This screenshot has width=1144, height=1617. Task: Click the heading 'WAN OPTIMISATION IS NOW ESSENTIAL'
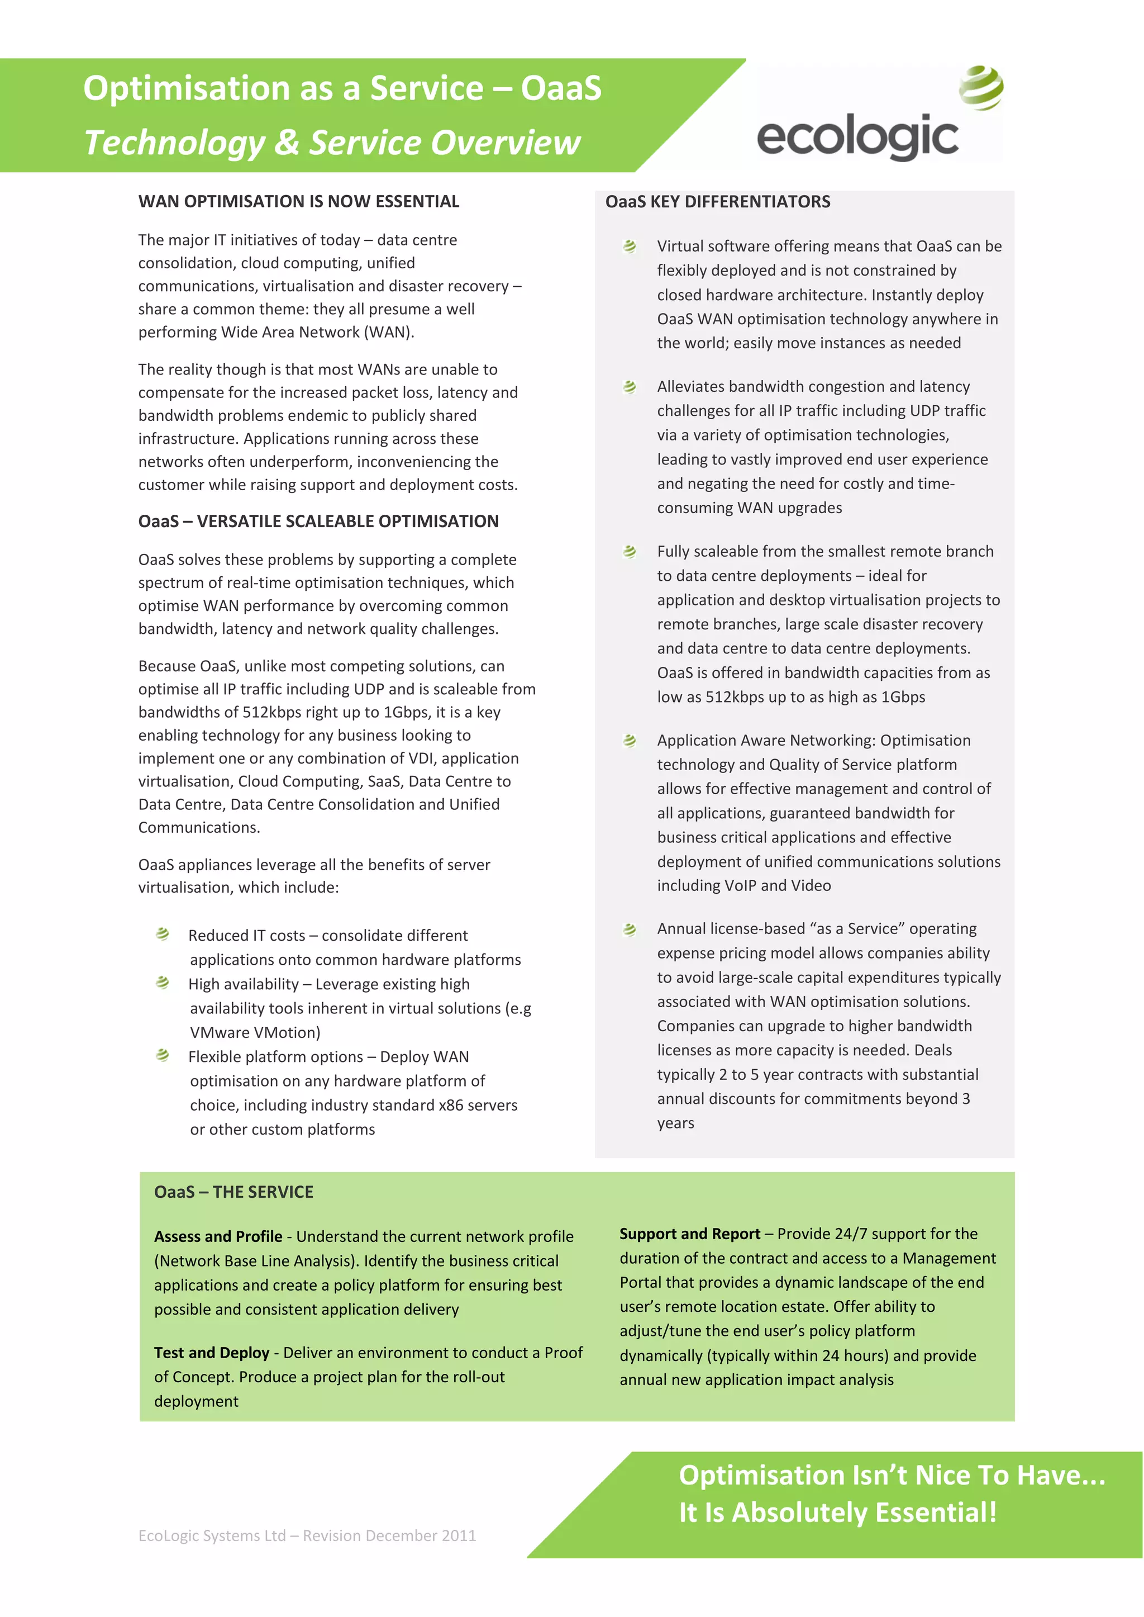[299, 202]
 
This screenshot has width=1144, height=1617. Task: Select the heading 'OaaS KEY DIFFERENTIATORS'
[717, 202]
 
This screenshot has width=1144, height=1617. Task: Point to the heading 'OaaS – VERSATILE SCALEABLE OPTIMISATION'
[318, 521]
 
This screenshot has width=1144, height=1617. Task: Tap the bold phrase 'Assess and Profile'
[218, 1236]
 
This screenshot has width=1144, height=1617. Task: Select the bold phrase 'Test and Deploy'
[211, 1353]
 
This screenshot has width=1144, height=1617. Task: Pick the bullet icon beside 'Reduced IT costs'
[163, 934]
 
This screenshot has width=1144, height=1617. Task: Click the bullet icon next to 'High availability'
[163, 983]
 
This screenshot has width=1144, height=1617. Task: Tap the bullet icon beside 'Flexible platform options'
[163, 1055]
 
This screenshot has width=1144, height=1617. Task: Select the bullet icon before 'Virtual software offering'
[630, 246]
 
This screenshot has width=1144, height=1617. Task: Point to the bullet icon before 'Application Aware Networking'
[630, 740]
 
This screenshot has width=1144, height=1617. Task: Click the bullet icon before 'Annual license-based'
[630, 929]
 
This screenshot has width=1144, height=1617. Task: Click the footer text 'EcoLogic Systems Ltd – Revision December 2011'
[307, 1535]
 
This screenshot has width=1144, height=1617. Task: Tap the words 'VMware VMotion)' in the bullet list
[255, 1033]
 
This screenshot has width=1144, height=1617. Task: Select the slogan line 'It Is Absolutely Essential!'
[837, 1512]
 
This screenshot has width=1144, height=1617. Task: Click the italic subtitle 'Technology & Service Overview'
[332, 143]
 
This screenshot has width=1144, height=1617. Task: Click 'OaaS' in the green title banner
[561, 89]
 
